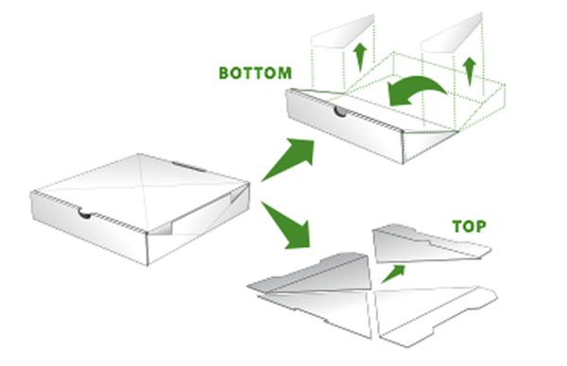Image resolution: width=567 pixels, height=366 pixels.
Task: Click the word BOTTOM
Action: (x=255, y=73)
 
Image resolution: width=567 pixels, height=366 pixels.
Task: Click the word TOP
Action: (x=470, y=226)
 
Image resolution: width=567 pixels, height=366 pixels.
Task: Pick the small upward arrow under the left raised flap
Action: (x=360, y=57)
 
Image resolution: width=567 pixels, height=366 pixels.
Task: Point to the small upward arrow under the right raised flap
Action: (x=470, y=71)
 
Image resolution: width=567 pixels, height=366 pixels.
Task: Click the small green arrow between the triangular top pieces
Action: (x=393, y=274)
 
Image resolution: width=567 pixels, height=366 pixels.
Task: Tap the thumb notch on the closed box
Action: (x=85, y=214)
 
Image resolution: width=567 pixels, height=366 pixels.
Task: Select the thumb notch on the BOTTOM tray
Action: (x=340, y=111)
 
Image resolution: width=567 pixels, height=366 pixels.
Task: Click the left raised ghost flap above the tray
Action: (x=343, y=32)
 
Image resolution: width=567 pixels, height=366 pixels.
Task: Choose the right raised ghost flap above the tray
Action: (x=452, y=32)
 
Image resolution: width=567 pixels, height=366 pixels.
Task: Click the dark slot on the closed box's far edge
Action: (x=189, y=167)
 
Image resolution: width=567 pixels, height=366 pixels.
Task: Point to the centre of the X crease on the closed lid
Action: (x=144, y=188)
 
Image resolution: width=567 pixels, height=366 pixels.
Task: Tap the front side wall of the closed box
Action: (x=89, y=227)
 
